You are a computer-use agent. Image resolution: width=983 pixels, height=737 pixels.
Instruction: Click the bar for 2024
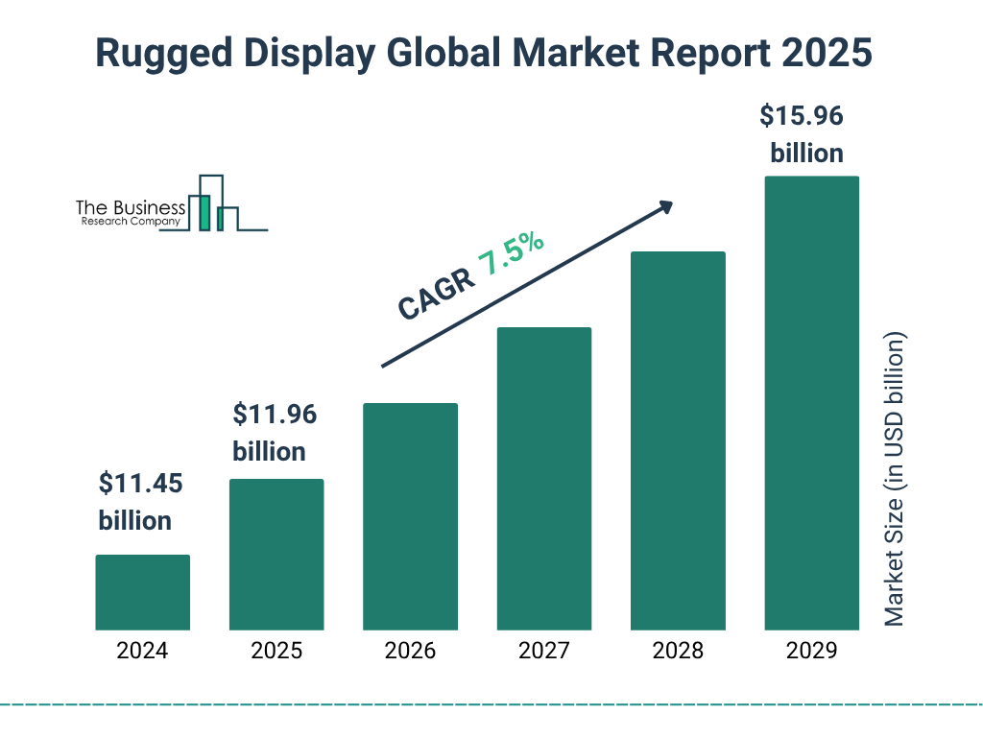pyautogui.click(x=142, y=592)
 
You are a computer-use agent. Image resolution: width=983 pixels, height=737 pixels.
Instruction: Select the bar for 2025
pyautogui.click(x=276, y=555)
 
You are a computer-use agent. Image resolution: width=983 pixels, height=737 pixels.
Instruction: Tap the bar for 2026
pyautogui.click(x=410, y=516)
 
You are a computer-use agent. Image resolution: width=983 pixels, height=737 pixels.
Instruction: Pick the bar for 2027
pyautogui.click(x=543, y=479)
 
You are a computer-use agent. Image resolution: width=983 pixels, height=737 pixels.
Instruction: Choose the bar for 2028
pyautogui.click(x=678, y=440)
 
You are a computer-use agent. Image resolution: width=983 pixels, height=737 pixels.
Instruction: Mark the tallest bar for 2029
pyautogui.click(x=811, y=403)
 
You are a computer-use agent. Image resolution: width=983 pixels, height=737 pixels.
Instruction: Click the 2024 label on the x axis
pyautogui.click(x=142, y=651)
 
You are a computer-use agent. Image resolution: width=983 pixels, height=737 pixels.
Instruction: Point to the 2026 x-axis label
pyautogui.click(x=410, y=651)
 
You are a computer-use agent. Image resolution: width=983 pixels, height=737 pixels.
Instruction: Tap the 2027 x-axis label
pyautogui.click(x=543, y=651)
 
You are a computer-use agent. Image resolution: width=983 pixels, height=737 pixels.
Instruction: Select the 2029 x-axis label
pyautogui.click(x=811, y=651)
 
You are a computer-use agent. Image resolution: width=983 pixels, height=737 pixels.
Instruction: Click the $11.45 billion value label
pyautogui.click(x=140, y=502)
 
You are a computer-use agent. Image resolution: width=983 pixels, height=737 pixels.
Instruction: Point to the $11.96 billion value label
pyautogui.click(x=275, y=433)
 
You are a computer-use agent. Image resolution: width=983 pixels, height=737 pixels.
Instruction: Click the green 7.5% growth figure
pyautogui.click(x=512, y=253)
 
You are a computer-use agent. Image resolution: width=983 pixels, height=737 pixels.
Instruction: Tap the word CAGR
pyautogui.click(x=435, y=296)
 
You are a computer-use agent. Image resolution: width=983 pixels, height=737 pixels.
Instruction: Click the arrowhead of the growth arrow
pyautogui.click(x=665, y=206)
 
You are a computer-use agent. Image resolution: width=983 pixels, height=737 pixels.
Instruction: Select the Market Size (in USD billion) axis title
pyautogui.click(x=895, y=480)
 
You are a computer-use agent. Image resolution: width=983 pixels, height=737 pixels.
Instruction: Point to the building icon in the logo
pyautogui.click(x=213, y=204)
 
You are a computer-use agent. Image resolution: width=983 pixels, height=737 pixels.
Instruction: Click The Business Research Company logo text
pyautogui.click(x=130, y=214)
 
